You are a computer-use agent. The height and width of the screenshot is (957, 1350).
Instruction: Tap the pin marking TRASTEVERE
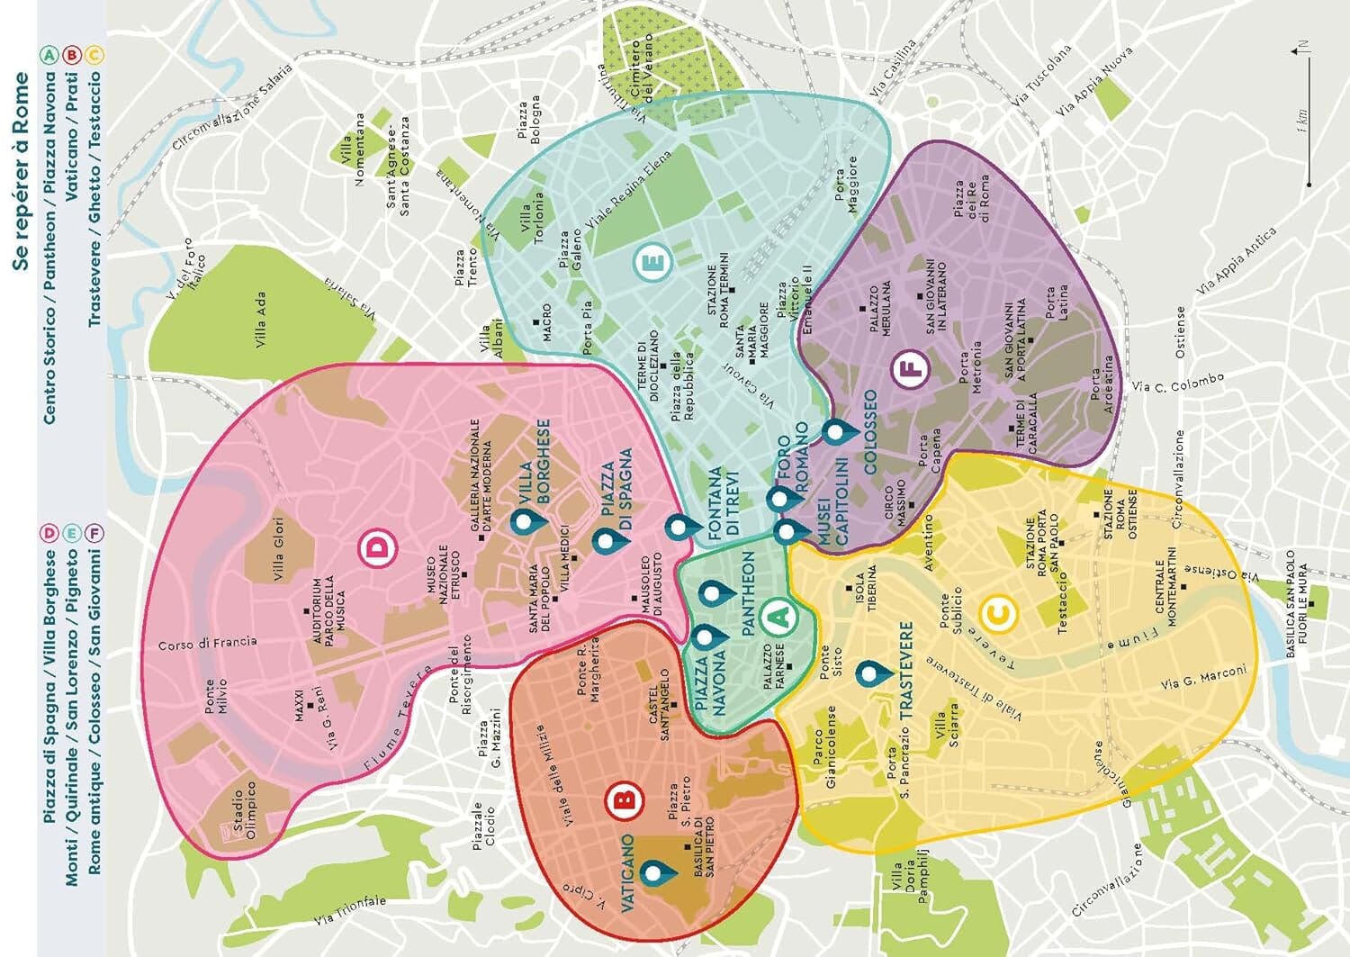(x=868, y=672)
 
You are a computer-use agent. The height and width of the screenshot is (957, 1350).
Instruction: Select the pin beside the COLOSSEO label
(x=836, y=432)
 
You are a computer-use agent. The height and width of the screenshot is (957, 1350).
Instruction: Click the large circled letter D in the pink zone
(x=379, y=548)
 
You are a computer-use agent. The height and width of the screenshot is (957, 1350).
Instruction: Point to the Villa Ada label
(x=260, y=321)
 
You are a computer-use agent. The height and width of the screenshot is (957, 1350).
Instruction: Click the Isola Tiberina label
(x=866, y=591)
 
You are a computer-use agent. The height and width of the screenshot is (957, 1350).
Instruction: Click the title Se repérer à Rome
(x=22, y=171)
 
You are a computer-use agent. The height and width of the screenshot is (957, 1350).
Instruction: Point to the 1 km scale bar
(x=1308, y=158)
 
